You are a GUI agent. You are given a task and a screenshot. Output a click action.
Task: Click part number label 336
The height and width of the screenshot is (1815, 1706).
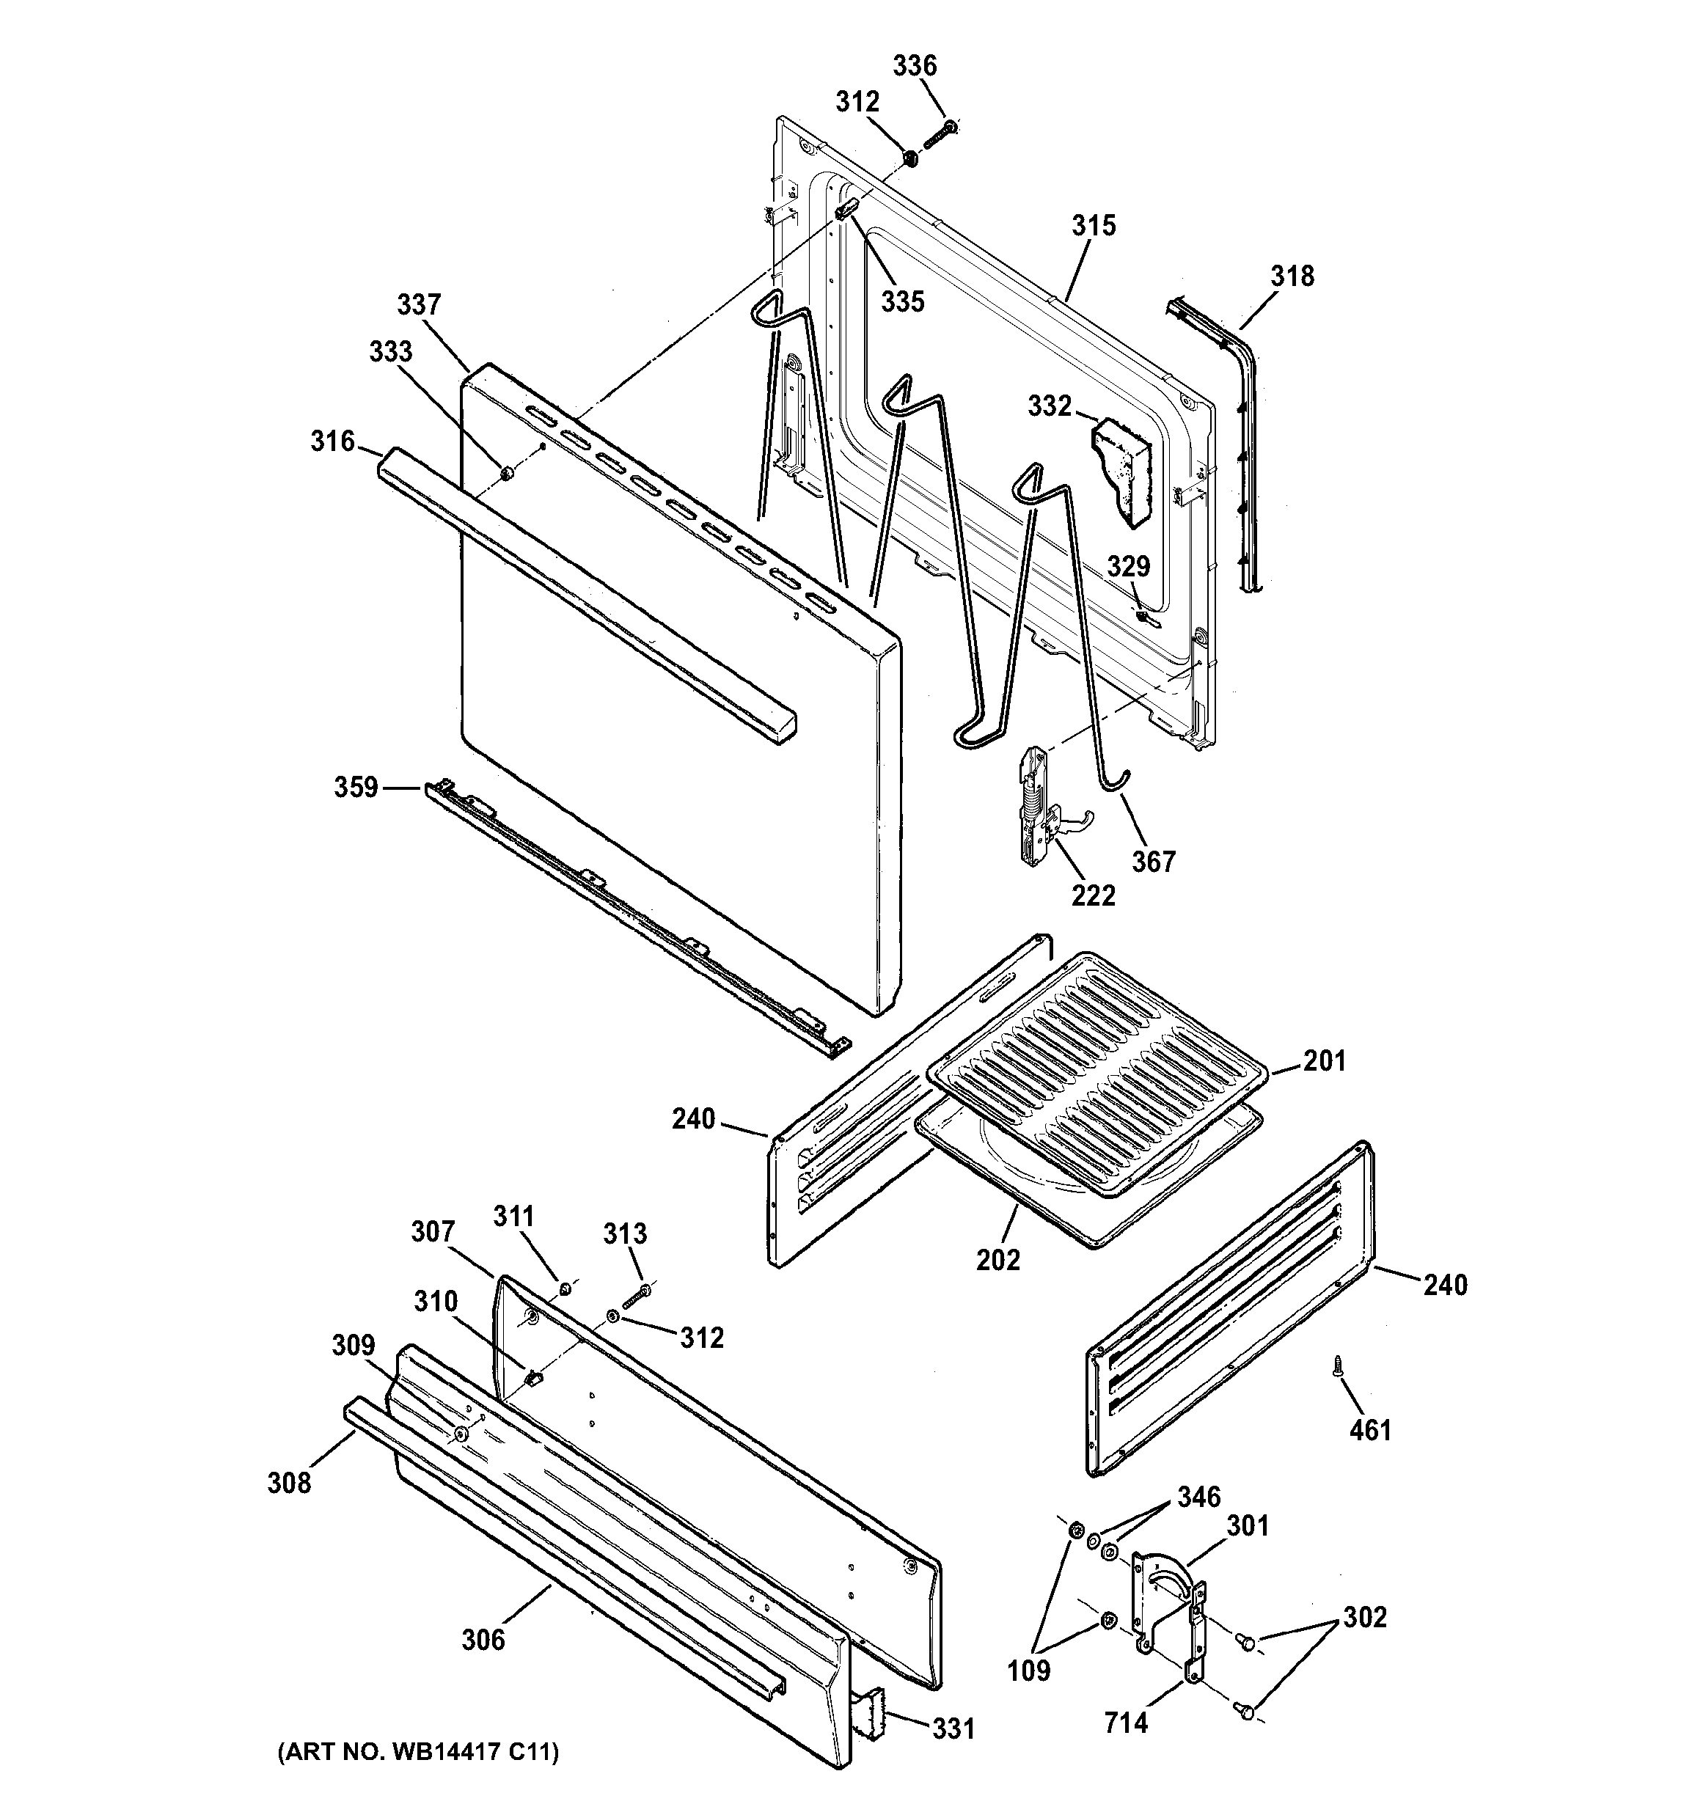pyautogui.click(x=914, y=66)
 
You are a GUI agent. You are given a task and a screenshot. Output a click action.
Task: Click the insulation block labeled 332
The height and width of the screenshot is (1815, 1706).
pyautogui.click(x=1125, y=471)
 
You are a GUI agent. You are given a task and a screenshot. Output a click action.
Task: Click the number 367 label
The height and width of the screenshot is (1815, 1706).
pyautogui.click(x=1154, y=861)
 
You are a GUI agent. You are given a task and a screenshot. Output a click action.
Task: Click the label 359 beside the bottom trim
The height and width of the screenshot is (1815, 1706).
pyautogui.click(x=355, y=787)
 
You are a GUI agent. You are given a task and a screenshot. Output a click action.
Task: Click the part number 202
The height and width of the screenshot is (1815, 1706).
pyautogui.click(x=997, y=1260)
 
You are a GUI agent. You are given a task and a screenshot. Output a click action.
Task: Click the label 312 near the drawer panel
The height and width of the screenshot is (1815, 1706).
pyautogui.click(x=701, y=1338)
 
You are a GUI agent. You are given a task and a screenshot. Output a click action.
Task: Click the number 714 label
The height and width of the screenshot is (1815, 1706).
pyautogui.click(x=1125, y=1723)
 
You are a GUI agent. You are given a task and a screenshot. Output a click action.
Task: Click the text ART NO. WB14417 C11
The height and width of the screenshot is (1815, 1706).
pyautogui.click(x=417, y=1752)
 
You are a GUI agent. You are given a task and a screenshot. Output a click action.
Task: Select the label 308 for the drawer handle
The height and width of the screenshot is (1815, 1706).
pyautogui.click(x=288, y=1483)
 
